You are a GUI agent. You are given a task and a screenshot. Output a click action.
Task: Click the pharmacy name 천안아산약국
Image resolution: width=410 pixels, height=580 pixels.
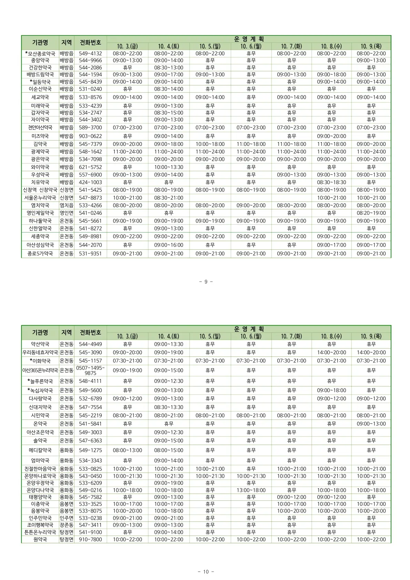point(40,127)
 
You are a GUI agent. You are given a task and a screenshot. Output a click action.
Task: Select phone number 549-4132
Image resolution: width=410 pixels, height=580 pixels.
point(90,53)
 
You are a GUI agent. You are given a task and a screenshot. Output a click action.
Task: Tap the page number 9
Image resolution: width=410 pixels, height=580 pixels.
point(206,282)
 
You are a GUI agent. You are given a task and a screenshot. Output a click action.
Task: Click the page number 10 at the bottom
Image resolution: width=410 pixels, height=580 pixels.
point(206,572)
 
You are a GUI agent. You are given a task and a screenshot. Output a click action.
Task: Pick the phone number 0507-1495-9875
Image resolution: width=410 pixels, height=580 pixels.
point(90,370)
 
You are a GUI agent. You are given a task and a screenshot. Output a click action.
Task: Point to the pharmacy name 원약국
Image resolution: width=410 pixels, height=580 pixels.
point(40,539)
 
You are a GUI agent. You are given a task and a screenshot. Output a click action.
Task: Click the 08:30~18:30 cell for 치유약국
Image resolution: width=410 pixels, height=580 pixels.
point(331,182)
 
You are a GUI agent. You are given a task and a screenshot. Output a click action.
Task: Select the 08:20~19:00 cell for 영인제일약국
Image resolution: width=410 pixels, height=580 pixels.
point(371,213)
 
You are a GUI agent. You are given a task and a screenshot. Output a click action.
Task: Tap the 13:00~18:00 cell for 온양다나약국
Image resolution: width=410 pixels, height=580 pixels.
point(251,490)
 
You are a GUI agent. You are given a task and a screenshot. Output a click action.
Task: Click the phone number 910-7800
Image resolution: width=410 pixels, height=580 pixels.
point(90,539)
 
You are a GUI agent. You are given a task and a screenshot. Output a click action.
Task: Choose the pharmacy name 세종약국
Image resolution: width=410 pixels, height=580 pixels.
point(40,236)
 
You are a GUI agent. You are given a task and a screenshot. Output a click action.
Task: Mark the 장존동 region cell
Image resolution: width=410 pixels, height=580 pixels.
point(66,525)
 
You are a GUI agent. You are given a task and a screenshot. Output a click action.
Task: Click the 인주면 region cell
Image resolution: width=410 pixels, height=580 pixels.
point(66,518)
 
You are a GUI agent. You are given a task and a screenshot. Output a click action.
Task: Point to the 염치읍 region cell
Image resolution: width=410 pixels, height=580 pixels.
point(66,205)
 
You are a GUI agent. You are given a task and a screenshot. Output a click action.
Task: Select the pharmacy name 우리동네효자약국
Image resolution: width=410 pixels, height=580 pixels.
point(40,352)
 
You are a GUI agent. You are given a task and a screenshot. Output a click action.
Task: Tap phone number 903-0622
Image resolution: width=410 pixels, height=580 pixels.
point(90,136)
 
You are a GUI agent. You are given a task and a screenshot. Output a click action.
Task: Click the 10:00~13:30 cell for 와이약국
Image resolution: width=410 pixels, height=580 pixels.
point(168,167)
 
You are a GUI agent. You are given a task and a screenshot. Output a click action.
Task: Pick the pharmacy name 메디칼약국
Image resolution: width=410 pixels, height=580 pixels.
point(40,450)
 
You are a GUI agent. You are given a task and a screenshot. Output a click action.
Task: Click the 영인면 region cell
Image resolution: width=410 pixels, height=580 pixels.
point(66,213)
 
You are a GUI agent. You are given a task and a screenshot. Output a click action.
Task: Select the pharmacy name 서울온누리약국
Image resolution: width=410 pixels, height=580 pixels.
point(40,198)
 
